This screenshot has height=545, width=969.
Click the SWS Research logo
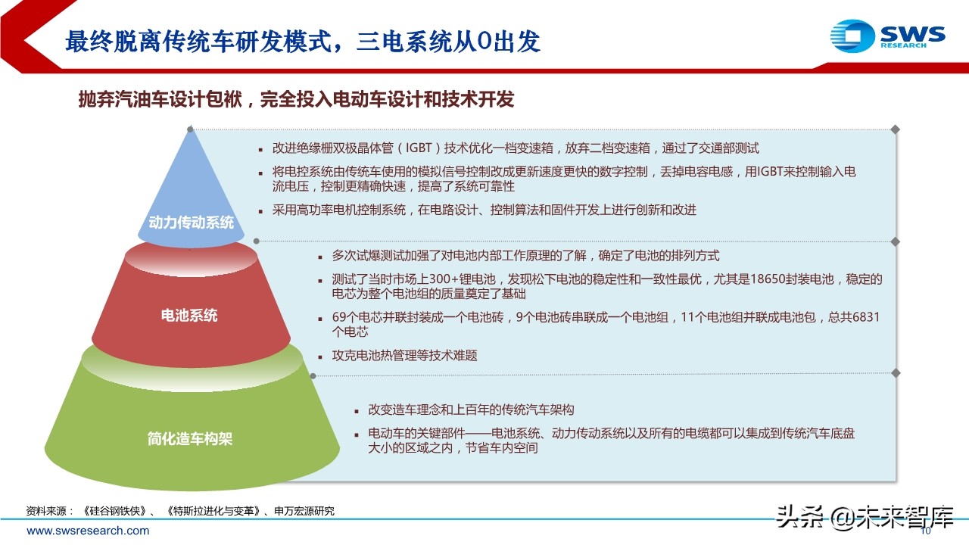click(887, 35)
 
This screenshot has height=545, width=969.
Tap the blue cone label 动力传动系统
click(192, 223)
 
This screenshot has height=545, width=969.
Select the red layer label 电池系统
click(189, 315)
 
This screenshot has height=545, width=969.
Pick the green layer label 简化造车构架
click(190, 438)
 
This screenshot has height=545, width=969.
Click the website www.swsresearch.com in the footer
click(88, 531)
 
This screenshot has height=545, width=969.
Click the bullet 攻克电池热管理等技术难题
click(405, 355)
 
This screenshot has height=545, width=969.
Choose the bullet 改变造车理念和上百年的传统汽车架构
click(471, 410)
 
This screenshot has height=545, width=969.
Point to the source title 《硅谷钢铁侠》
click(112, 511)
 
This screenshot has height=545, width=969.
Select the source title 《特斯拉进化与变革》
click(213, 511)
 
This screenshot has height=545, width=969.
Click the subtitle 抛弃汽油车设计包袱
click(163, 99)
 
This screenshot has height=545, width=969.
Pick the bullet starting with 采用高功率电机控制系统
click(484, 210)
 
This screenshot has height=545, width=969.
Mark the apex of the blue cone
click(190, 129)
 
